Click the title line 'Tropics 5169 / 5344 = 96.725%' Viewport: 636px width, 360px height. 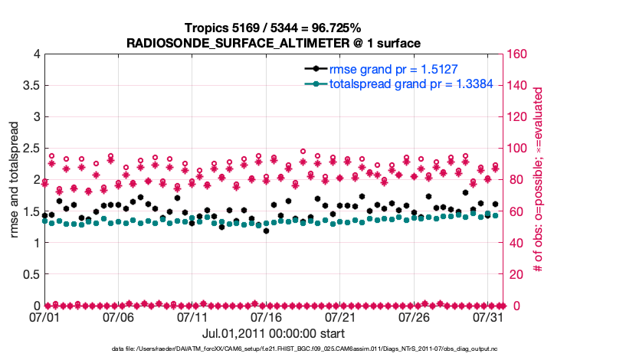point(275,28)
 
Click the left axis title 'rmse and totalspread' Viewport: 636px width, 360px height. point(14,179)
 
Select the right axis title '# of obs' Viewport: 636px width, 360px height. point(538,179)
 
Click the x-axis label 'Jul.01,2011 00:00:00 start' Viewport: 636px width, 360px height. point(273,334)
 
